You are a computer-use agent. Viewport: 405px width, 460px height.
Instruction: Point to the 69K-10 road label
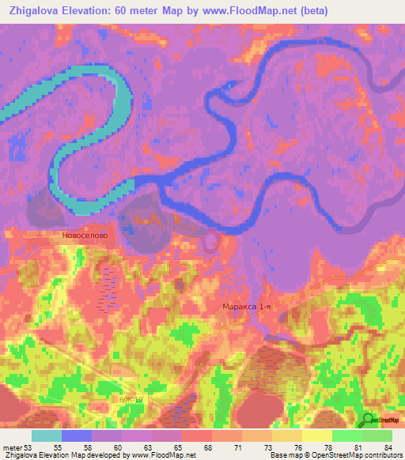(132, 400)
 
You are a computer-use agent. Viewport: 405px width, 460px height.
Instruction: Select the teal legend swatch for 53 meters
(47, 435)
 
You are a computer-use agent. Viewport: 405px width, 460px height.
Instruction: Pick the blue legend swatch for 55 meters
(77, 435)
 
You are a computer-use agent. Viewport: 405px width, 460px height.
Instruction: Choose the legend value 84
(386, 447)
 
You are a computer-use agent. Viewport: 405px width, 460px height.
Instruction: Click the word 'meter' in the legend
(13, 447)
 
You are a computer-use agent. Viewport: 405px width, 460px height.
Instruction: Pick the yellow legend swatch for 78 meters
(317, 435)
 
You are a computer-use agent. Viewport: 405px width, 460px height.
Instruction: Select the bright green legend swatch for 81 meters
(347, 435)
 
